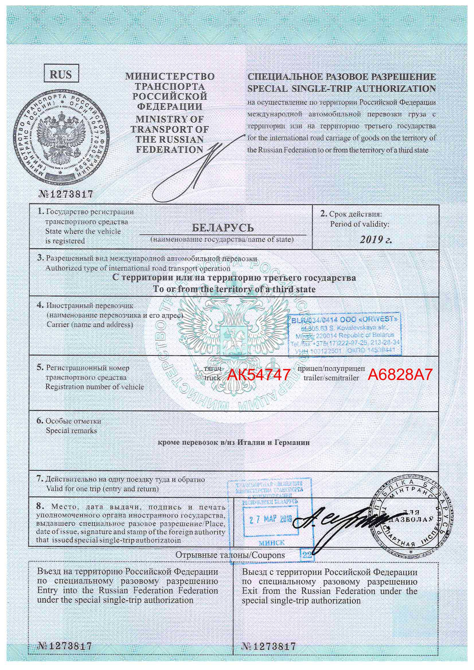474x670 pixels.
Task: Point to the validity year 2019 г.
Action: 376,240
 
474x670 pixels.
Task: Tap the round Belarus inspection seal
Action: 410,518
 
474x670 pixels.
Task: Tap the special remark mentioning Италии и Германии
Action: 234,442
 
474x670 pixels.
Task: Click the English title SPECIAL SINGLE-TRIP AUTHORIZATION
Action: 342,89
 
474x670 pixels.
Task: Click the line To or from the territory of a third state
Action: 234,289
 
